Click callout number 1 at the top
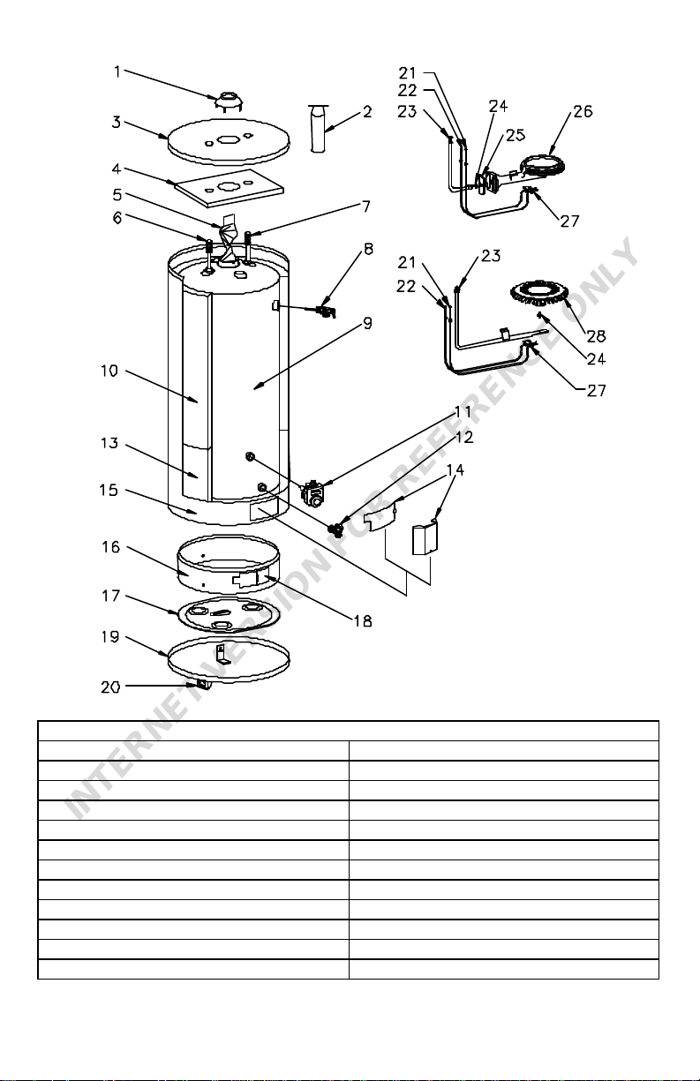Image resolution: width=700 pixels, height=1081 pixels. click(x=117, y=71)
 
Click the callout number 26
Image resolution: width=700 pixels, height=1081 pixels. click(x=583, y=112)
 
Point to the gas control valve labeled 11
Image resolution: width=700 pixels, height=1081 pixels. click(x=312, y=492)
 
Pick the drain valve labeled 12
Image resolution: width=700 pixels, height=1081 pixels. click(x=335, y=528)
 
